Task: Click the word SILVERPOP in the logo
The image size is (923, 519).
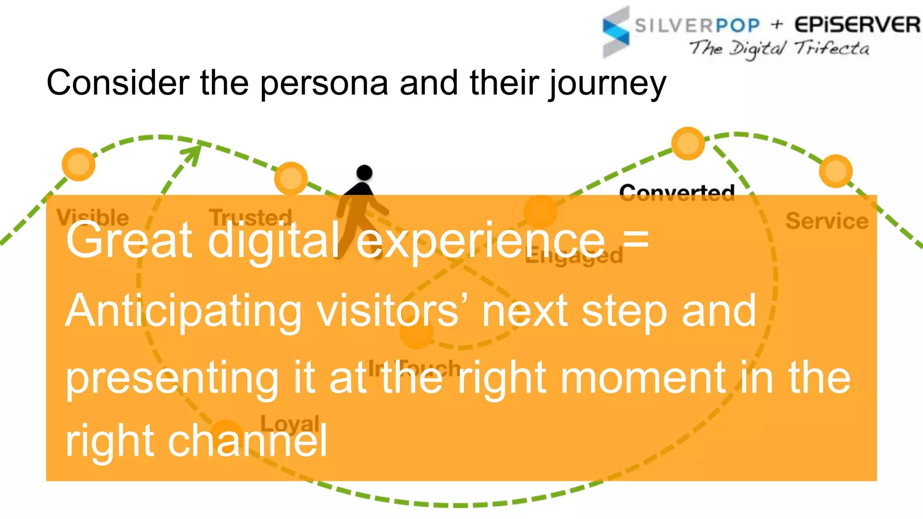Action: pyautogui.click(x=697, y=26)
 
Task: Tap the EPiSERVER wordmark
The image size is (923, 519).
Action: pyautogui.click(x=857, y=25)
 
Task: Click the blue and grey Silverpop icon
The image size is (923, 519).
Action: pyautogui.click(x=616, y=32)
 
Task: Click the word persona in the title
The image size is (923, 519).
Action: pyautogui.click(x=324, y=83)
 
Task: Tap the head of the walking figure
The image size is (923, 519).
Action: pyautogui.click(x=364, y=173)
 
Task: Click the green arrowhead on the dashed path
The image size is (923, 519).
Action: pyautogui.click(x=194, y=151)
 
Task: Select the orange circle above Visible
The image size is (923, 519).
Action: pyautogui.click(x=78, y=164)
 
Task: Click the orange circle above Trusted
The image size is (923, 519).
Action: pyautogui.click(x=291, y=178)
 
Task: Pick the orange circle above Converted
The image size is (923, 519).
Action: pyautogui.click(x=688, y=143)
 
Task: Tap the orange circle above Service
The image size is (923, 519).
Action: pyautogui.click(x=836, y=171)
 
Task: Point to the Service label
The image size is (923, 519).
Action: pyautogui.click(x=827, y=221)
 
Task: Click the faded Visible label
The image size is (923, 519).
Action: pyautogui.click(x=93, y=217)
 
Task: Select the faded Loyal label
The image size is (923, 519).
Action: pyautogui.click(x=290, y=423)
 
